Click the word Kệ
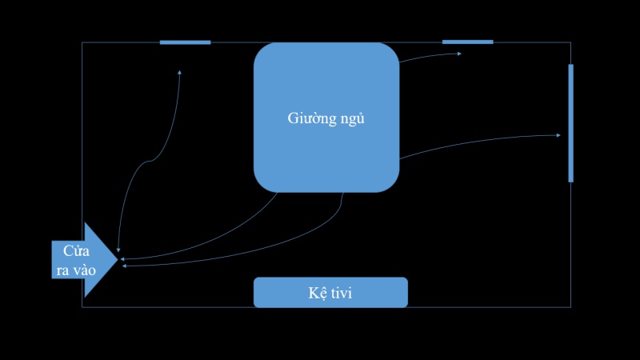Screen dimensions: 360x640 point(316,294)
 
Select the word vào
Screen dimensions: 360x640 point(84,270)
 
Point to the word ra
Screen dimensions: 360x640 point(62,270)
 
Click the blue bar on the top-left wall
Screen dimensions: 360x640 point(185,42)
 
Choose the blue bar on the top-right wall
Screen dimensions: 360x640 point(467,42)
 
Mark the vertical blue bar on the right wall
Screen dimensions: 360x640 point(570,123)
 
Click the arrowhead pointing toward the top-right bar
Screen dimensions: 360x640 point(459,54)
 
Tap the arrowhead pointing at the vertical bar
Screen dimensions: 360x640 point(558,135)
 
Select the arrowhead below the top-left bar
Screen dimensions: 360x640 point(179,73)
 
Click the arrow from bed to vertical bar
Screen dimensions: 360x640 point(480,142)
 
